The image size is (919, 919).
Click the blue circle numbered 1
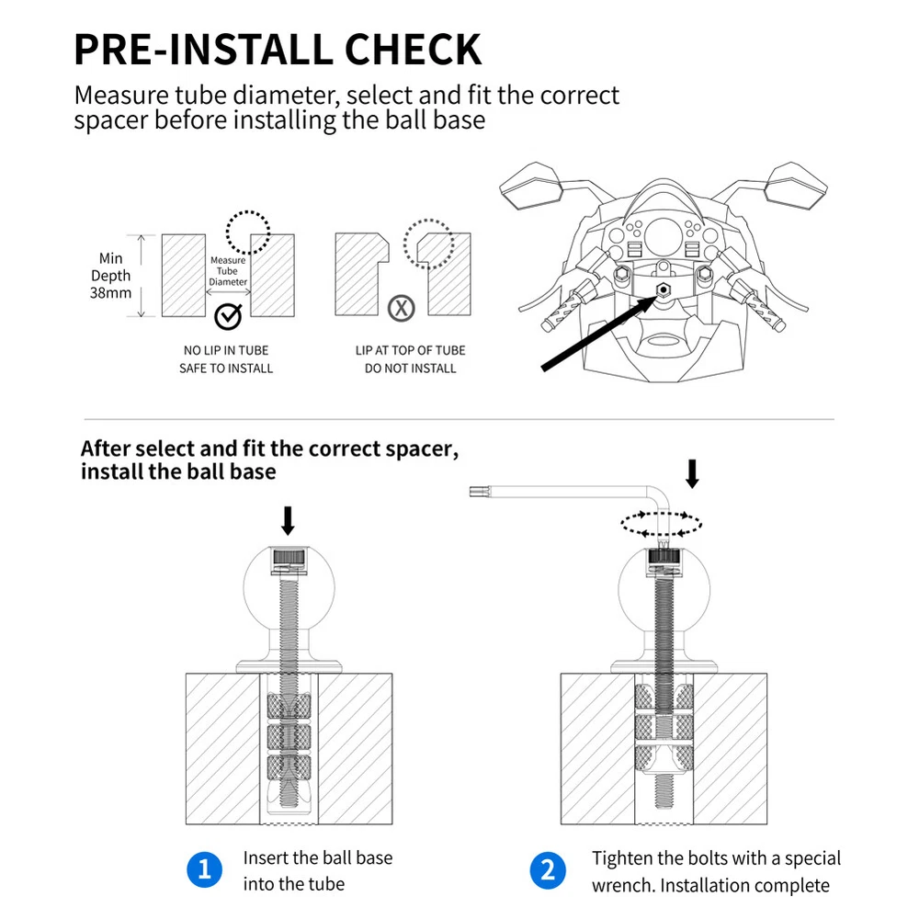coord(205,870)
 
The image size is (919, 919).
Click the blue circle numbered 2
coord(549,870)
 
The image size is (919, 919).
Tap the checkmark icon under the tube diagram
coord(227,317)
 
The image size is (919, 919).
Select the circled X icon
coord(400,308)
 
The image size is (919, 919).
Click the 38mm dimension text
coord(110,293)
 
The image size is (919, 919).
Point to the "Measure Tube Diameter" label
coord(228,271)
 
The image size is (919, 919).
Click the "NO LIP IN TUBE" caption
coord(226,350)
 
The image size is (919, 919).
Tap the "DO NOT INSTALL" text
coord(410,369)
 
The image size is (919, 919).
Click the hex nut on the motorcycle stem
coord(662,289)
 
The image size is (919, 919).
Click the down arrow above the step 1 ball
coord(288,520)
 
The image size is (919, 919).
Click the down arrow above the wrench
coord(692,473)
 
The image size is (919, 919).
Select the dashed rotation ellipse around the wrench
coord(662,525)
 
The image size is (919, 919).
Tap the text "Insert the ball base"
coord(318,858)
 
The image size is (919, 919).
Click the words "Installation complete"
coord(745,886)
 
